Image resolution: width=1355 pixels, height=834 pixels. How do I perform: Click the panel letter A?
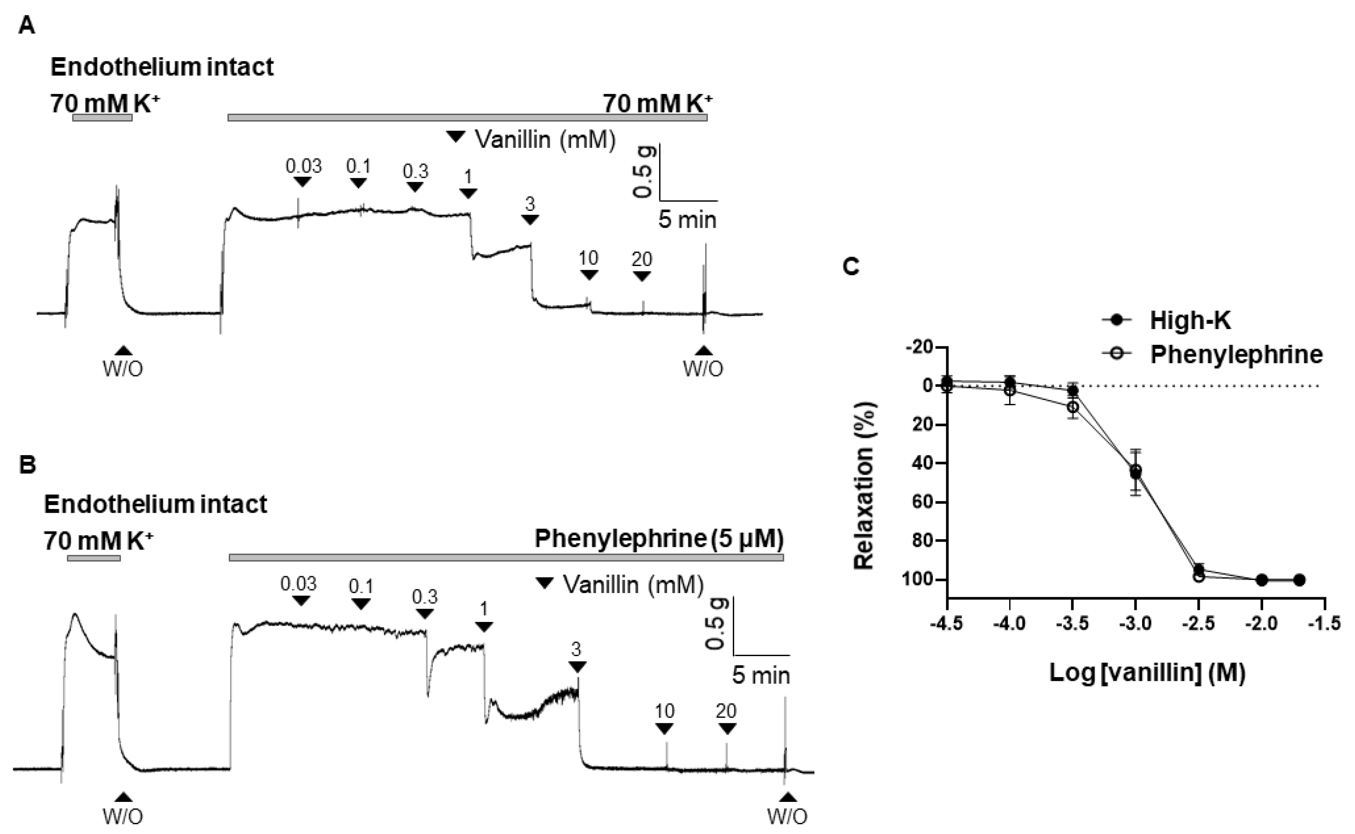click(x=26, y=26)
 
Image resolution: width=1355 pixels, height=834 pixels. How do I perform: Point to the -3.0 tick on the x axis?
click(x=1136, y=624)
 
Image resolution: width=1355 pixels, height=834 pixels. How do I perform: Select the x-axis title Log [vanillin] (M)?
click(x=1147, y=673)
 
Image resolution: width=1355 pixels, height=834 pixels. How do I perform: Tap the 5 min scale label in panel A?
click(x=687, y=220)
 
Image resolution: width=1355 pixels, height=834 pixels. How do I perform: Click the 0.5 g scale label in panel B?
click(x=716, y=624)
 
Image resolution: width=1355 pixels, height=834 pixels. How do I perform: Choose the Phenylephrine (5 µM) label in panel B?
click(x=659, y=539)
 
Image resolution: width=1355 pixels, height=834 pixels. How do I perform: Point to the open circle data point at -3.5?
click(x=1072, y=406)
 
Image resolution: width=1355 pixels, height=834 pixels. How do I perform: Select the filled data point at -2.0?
click(x=1262, y=580)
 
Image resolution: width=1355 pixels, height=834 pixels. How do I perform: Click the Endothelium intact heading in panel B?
click(x=156, y=504)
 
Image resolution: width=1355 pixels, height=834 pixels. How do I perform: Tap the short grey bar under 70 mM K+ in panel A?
click(x=102, y=117)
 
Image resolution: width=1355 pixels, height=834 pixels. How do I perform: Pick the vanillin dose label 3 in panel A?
click(x=530, y=205)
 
